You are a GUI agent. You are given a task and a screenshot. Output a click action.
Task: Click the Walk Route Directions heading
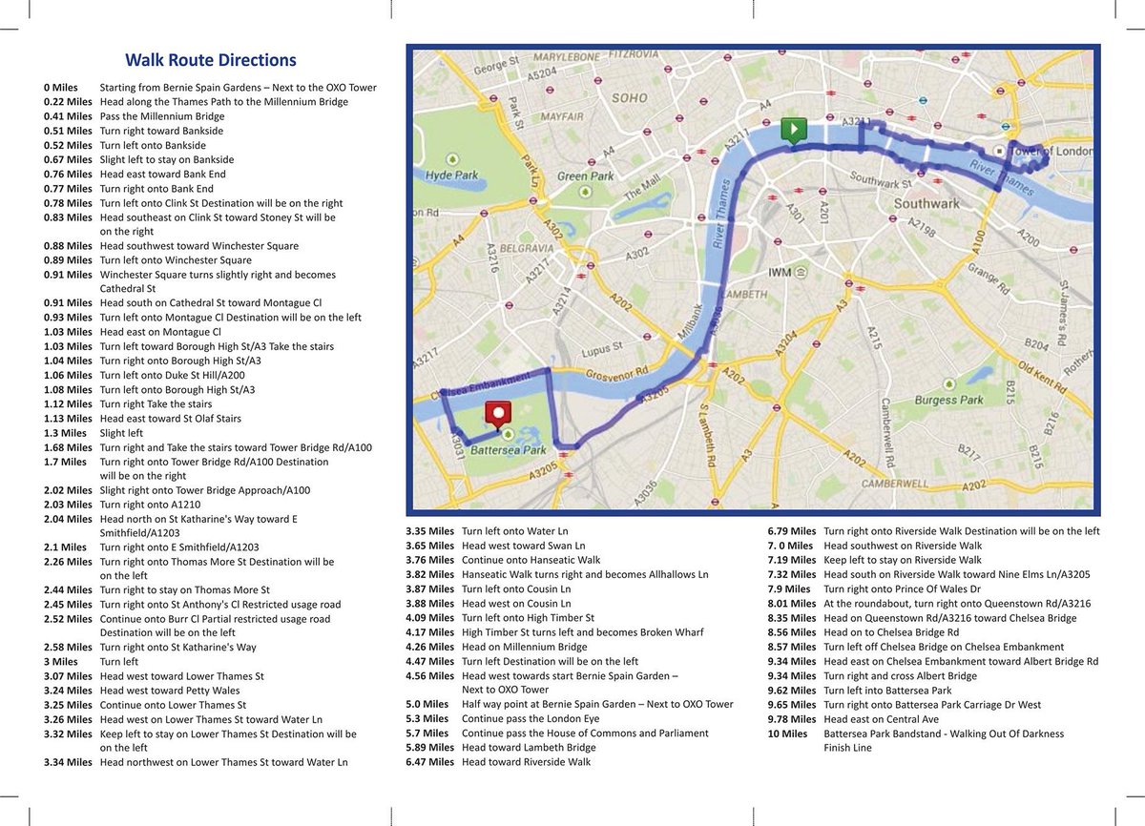click(x=211, y=60)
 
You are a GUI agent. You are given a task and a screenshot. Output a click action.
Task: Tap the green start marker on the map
click(x=792, y=130)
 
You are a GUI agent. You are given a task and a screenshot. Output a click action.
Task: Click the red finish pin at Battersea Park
click(x=498, y=414)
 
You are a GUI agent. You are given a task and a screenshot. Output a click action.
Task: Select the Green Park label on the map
click(x=586, y=176)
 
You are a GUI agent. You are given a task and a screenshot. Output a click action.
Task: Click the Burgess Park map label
click(x=948, y=400)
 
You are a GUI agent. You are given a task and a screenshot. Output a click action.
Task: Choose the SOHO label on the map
click(x=630, y=97)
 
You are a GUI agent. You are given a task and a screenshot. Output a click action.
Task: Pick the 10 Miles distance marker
click(x=788, y=733)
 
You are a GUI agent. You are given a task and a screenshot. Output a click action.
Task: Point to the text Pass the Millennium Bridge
click(x=161, y=116)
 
